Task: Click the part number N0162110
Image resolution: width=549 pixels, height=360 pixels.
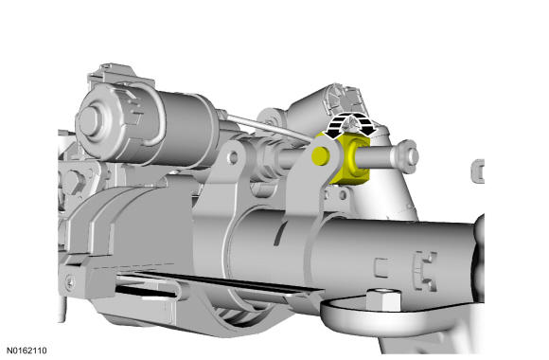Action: click(27, 351)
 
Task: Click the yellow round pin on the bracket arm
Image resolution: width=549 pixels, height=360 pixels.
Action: click(320, 156)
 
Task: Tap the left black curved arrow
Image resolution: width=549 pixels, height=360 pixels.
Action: click(334, 126)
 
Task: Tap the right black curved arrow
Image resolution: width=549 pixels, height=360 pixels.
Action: click(365, 125)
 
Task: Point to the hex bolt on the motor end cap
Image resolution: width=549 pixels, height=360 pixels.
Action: click(88, 121)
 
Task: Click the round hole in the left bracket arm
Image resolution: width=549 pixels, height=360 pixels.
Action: click(233, 157)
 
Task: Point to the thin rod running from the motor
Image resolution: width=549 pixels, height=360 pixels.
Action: click(268, 127)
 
